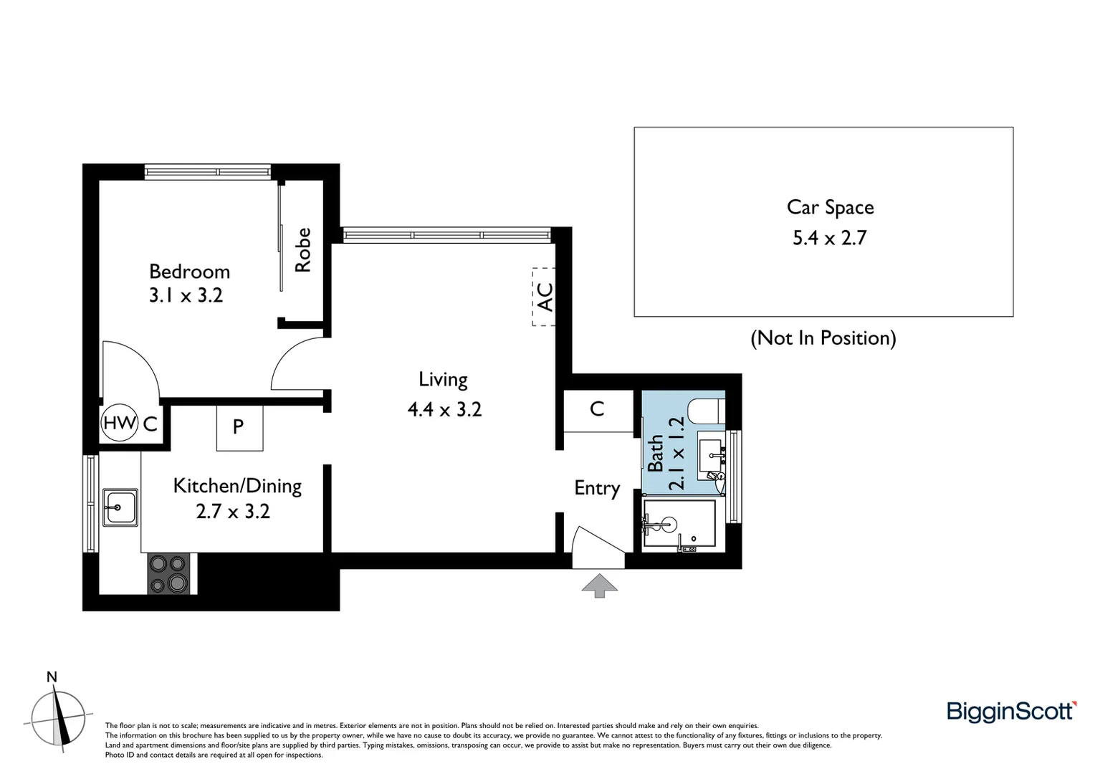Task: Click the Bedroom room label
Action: point(189,272)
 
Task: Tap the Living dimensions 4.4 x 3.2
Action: point(444,409)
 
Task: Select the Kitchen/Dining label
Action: point(237,486)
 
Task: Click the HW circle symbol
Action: point(119,423)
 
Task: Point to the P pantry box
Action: point(239,428)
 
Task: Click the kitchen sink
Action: point(120,507)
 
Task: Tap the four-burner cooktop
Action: point(168,573)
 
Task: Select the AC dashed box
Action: point(544,297)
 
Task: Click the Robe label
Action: point(303,249)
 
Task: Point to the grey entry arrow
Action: point(599,584)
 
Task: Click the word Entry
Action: point(596,488)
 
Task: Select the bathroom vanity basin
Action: point(712,451)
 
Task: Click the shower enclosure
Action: point(679,526)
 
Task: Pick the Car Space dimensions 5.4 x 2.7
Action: point(829,237)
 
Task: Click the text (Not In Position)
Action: point(823,338)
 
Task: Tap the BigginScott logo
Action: point(1010,711)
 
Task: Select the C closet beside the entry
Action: point(597,409)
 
